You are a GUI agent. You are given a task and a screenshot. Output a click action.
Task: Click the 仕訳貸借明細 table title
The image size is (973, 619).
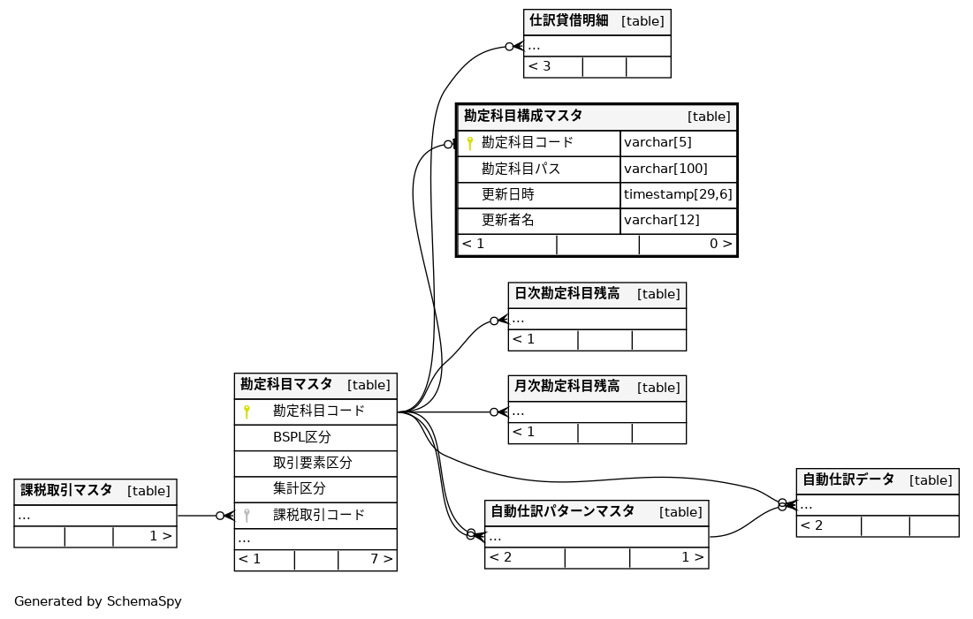click(568, 21)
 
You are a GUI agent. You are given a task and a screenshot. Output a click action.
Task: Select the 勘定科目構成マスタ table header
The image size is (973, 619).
click(523, 116)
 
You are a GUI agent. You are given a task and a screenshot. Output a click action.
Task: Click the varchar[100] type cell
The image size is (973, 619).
click(665, 169)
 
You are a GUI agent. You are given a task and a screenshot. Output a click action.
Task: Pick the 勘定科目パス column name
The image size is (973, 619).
click(521, 169)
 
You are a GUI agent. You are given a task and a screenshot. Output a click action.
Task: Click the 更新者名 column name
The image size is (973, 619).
click(507, 220)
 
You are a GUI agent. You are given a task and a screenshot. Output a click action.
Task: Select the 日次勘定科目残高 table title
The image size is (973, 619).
click(566, 294)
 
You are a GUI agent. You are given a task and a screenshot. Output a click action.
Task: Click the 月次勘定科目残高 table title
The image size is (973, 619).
click(566, 387)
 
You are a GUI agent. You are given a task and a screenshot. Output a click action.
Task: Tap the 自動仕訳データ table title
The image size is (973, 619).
click(848, 480)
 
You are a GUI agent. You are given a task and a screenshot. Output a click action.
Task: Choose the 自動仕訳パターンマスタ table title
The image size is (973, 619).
click(562, 512)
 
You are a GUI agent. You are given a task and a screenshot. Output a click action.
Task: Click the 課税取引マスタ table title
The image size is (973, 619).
click(66, 491)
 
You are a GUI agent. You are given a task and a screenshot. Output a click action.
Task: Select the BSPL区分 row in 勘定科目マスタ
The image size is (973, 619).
click(302, 437)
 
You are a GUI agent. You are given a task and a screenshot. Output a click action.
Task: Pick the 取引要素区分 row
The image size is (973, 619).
click(312, 463)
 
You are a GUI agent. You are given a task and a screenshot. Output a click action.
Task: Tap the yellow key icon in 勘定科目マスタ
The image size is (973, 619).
click(247, 411)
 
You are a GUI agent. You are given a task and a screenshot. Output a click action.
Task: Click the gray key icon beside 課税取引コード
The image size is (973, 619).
click(247, 515)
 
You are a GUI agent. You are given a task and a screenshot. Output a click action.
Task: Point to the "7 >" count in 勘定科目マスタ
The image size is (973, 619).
click(381, 559)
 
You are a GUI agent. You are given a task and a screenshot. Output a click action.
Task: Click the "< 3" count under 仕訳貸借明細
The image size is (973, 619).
click(539, 66)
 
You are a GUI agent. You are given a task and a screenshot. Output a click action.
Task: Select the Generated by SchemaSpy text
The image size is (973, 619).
click(97, 601)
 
